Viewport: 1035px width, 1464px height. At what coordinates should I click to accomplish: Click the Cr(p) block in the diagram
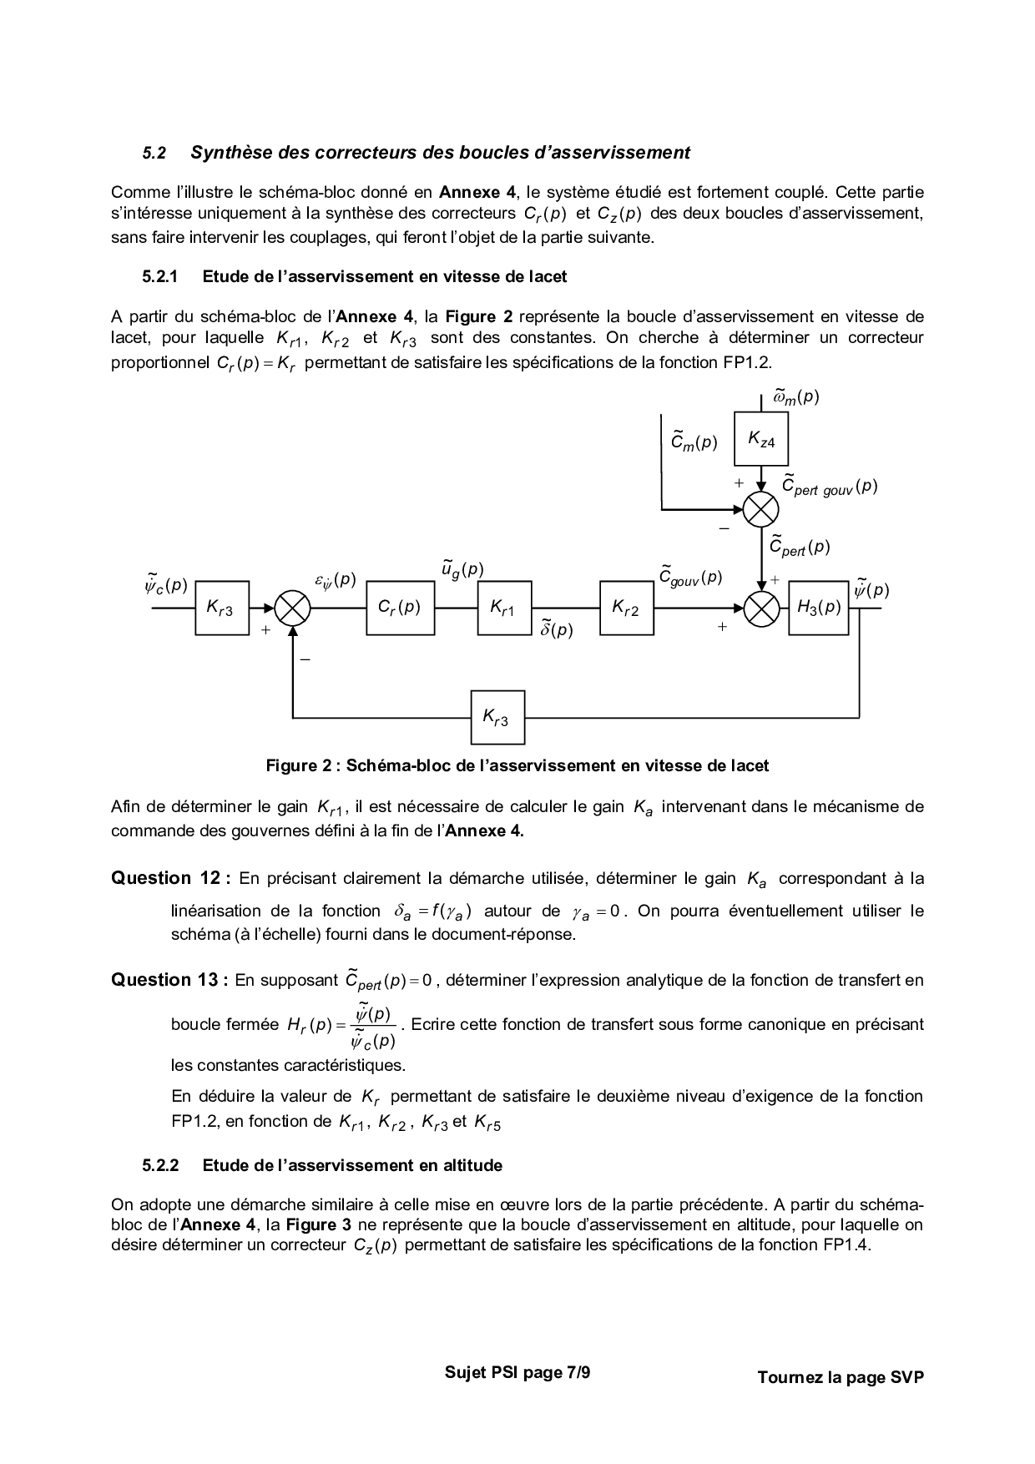coord(400,608)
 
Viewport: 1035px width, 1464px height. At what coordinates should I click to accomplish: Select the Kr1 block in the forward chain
coord(503,608)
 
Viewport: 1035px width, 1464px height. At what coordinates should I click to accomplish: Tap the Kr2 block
coord(626,608)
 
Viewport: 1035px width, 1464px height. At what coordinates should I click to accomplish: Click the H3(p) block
coord(818,608)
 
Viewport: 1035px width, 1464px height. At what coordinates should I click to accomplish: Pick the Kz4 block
coord(760,439)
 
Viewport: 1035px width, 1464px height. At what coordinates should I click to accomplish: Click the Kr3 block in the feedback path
coord(497,717)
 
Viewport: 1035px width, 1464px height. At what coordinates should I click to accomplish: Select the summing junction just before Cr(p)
coord(293,608)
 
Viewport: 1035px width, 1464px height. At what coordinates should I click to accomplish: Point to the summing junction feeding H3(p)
coord(761,608)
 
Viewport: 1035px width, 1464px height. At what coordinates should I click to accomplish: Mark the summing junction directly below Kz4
coord(761,509)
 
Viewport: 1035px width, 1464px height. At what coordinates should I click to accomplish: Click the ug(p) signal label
coord(462,570)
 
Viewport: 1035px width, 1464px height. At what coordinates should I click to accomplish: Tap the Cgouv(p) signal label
coord(690,576)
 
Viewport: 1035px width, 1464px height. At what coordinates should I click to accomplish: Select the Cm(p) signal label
coord(694,442)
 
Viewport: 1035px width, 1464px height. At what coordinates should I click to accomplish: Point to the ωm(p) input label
coord(795,397)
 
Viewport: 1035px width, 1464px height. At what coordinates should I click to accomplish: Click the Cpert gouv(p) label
coord(829,487)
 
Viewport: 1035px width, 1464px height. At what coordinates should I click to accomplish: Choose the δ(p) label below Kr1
coord(556,629)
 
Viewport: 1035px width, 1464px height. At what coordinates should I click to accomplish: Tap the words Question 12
coord(165,878)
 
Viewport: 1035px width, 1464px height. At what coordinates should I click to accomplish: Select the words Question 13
coord(165,980)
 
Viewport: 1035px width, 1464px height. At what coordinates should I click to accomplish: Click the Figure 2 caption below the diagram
coord(517,765)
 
